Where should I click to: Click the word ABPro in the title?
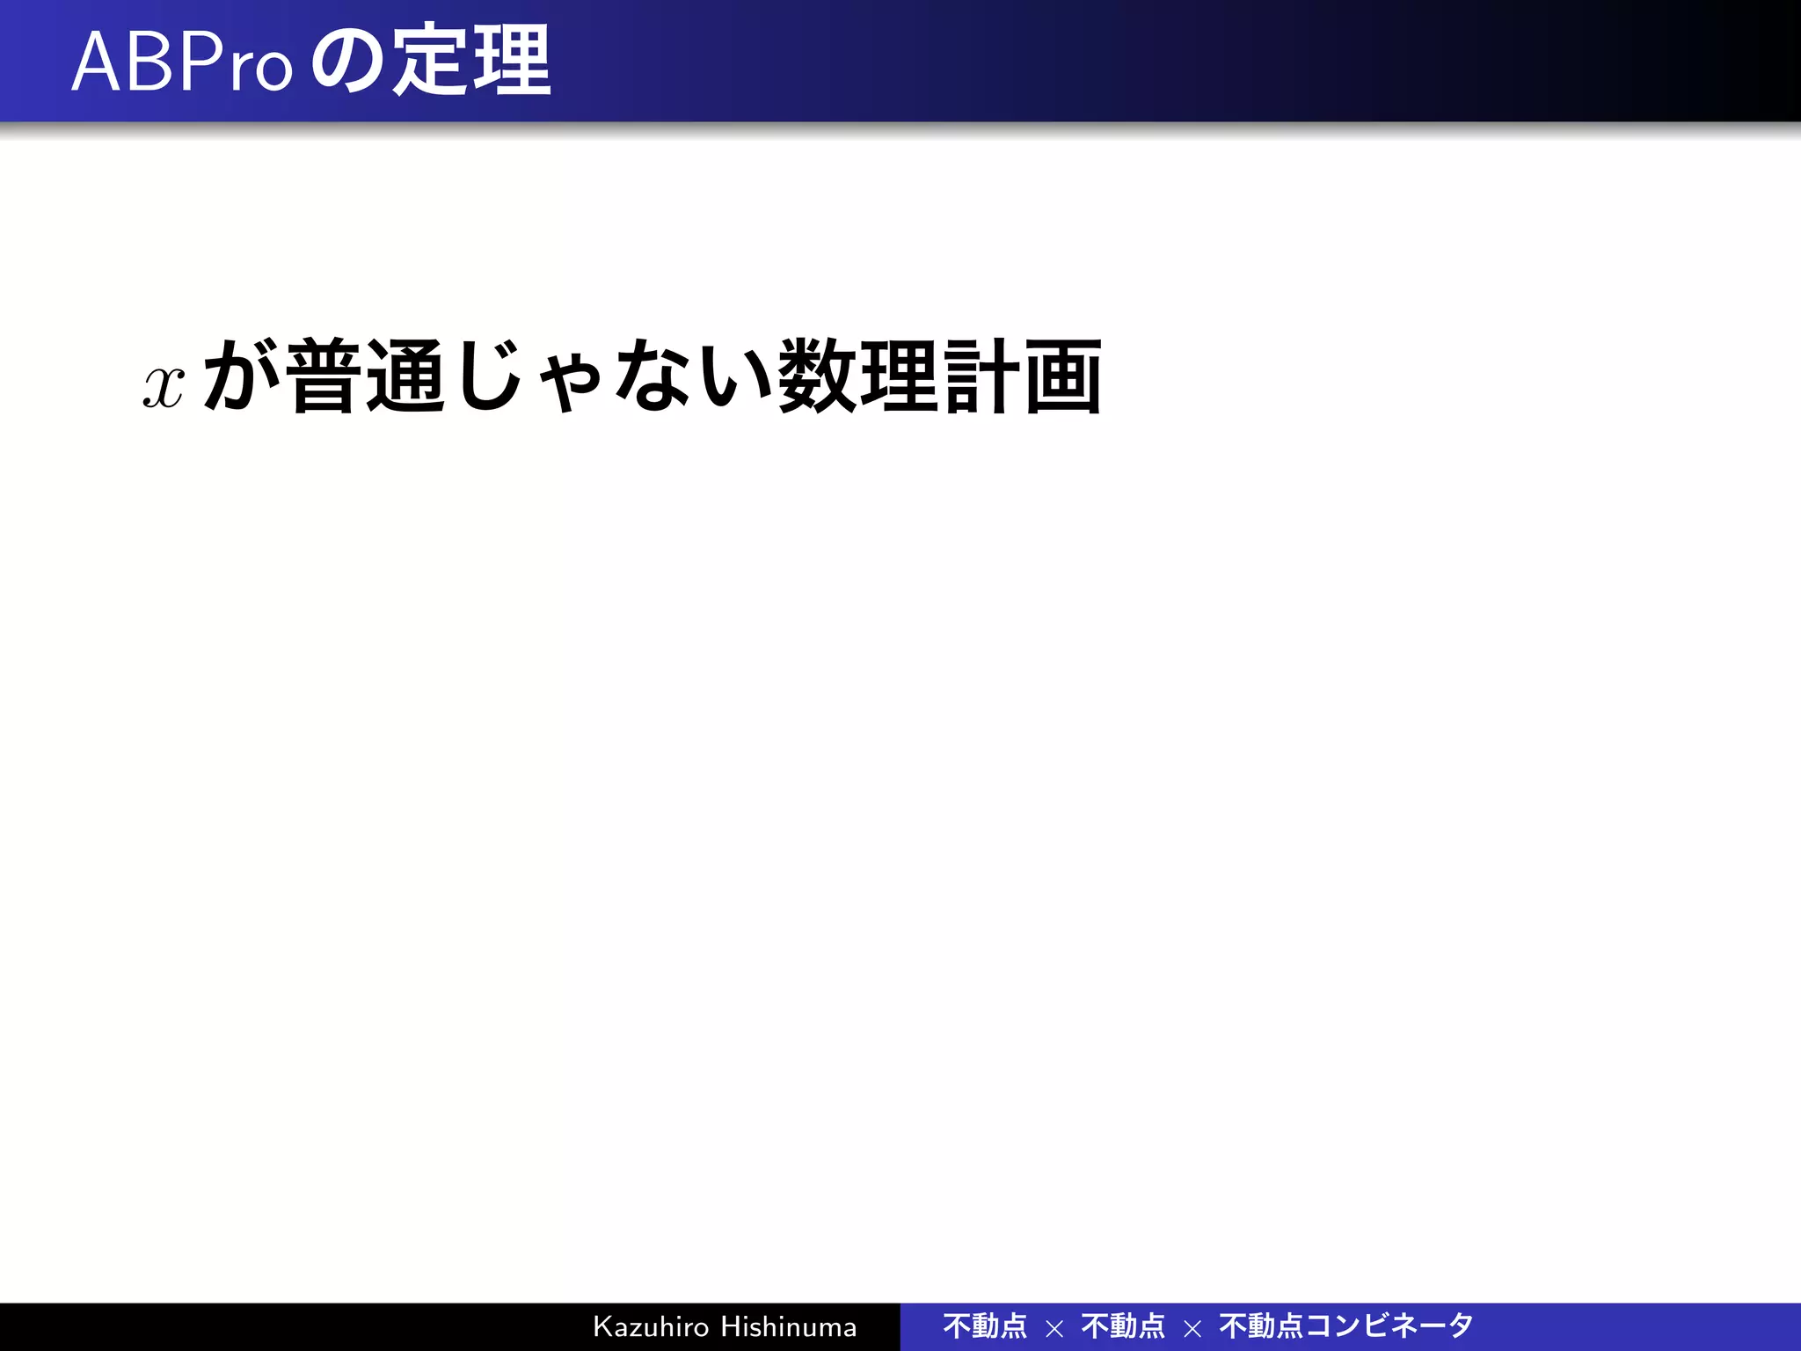(181, 62)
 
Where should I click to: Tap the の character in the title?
(347, 62)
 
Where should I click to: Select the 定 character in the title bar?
(428, 61)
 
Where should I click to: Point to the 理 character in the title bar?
(511, 61)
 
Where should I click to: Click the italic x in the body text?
(164, 386)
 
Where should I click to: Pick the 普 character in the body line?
(323, 376)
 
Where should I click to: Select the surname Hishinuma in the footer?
(789, 1326)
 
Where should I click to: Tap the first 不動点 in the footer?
(985, 1325)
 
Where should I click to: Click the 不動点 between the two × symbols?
(1123, 1325)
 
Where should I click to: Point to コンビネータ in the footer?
(1389, 1325)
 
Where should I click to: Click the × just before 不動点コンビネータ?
(1192, 1328)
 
